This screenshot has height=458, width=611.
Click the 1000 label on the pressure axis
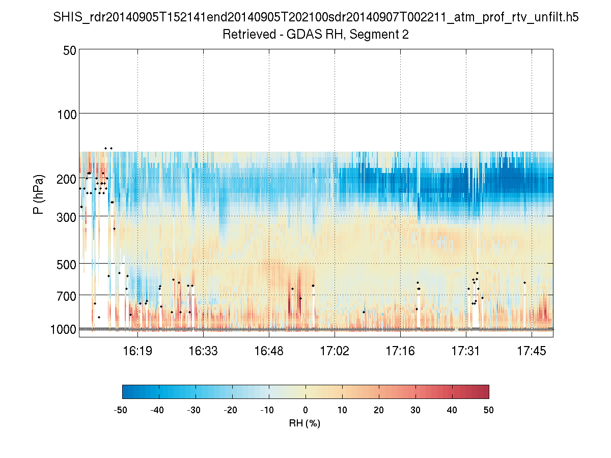tap(63, 329)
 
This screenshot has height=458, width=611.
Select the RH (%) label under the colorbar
tap(304, 423)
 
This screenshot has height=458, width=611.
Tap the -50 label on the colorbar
tap(121, 410)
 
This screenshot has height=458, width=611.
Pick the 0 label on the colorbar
tap(305, 410)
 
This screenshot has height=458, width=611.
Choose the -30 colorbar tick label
tap(194, 410)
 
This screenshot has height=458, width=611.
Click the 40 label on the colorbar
tap(452, 410)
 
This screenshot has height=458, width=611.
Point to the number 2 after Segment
tap(406, 35)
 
